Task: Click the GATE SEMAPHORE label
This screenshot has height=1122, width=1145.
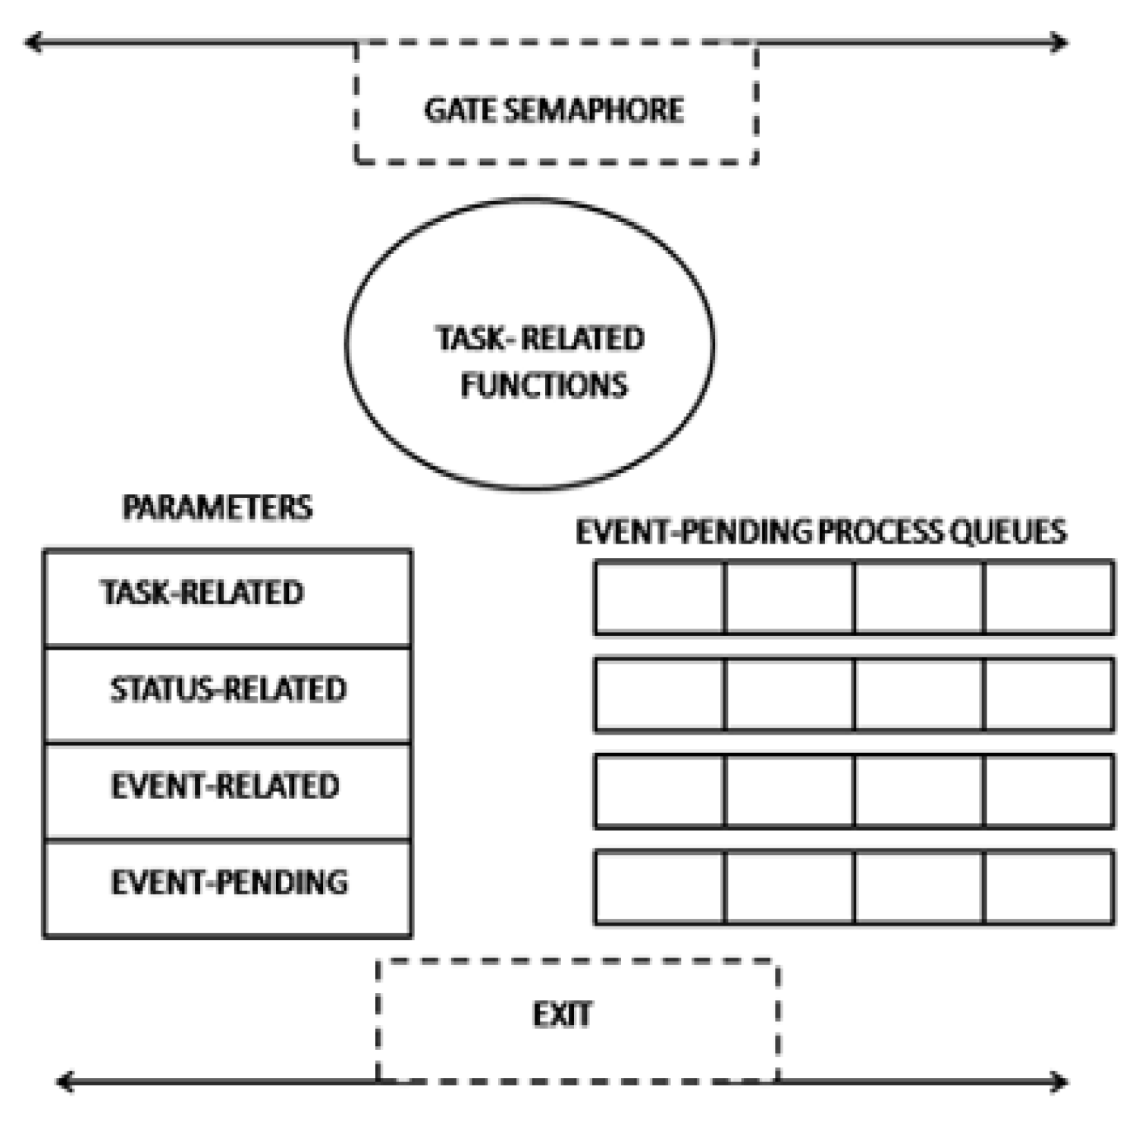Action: (x=554, y=110)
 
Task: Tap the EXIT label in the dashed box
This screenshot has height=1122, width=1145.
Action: (x=562, y=1014)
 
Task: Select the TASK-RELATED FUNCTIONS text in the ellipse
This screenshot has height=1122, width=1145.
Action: (x=541, y=362)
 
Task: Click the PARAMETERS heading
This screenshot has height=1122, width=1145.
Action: (x=217, y=507)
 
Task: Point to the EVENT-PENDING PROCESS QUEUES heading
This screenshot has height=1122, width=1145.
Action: (x=820, y=531)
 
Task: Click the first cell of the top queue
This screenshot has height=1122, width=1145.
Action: (x=660, y=597)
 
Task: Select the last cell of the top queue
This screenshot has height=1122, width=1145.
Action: (x=1049, y=597)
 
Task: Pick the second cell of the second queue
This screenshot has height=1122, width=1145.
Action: (x=789, y=694)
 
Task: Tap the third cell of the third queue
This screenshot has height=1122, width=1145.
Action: (x=919, y=791)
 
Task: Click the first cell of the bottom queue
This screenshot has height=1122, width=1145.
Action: (x=660, y=887)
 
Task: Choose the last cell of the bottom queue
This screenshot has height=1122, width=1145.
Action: (x=1049, y=887)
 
